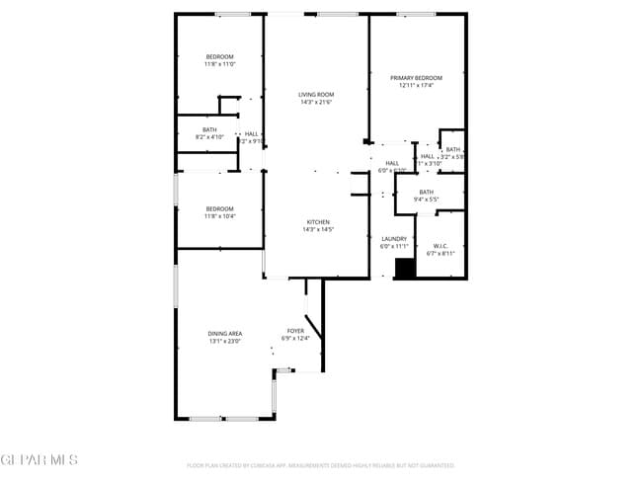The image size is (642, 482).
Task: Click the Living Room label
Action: [316, 95]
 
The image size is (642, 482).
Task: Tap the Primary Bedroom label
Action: [416, 78]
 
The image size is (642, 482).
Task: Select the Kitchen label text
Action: [317, 222]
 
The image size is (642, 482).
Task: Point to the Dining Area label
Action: [224, 333]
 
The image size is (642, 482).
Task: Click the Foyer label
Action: [295, 331]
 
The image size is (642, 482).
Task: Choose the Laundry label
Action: [394, 238]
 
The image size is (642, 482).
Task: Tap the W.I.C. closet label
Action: [441, 246]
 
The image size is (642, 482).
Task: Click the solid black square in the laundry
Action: [403, 269]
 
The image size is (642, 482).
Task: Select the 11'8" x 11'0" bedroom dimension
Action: [219, 64]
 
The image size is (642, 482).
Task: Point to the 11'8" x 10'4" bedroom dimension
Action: [219, 215]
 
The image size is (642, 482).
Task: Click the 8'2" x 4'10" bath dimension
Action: [210, 136]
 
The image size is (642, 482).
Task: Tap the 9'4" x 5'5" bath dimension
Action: [426, 200]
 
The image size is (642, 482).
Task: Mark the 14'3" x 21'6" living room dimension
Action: [316, 102]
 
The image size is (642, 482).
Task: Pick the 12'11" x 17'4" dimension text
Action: [416, 85]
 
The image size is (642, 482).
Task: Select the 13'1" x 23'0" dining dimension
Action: [224, 340]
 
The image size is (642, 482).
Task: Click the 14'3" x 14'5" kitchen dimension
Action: [317, 229]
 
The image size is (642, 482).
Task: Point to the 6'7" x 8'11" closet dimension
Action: [441, 253]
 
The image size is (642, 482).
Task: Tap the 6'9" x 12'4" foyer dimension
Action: [296, 338]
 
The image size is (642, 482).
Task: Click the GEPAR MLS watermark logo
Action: [39, 460]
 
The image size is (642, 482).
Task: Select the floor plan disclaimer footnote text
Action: [320, 464]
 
